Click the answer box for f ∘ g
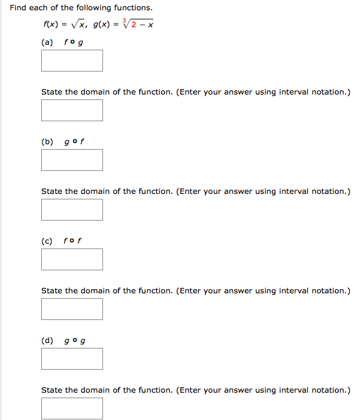[x=72, y=61]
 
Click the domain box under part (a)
[x=72, y=110]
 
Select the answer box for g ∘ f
[x=72, y=160]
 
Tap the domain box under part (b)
[x=72, y=210]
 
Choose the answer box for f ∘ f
[x=72, y=259]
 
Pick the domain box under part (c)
[x=72, y=309]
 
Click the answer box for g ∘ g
[x=72, y=359]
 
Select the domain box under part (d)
[x=72, y=408]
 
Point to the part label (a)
[x=47, y=42]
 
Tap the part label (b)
[x=47, y=142]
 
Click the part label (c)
[x=47, y=241]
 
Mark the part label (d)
[x=47, y=341]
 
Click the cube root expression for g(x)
[x=138, y=24]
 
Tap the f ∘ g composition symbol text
[x=73, y=42]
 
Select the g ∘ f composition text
[x=73, y=142]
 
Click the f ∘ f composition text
[x=73, y=241]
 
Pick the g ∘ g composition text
[x=74, y=341]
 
